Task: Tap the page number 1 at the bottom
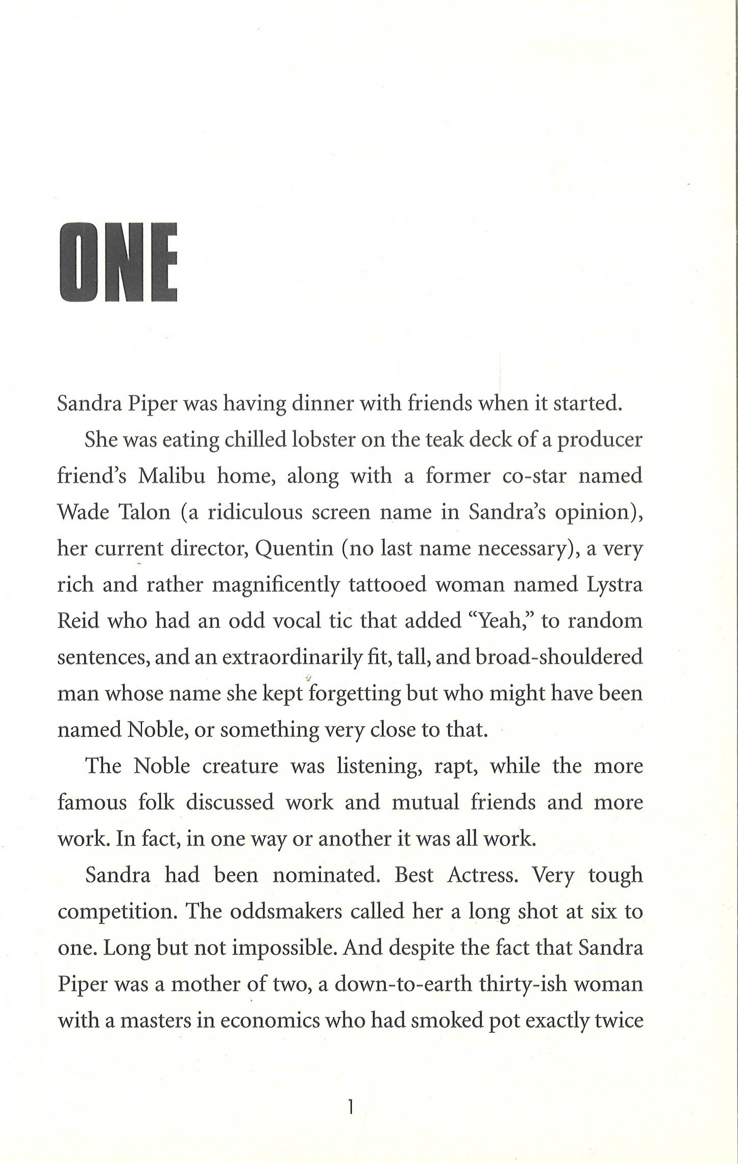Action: [x=350, y=1108]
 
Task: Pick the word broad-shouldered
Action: [x=558, y=657]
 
